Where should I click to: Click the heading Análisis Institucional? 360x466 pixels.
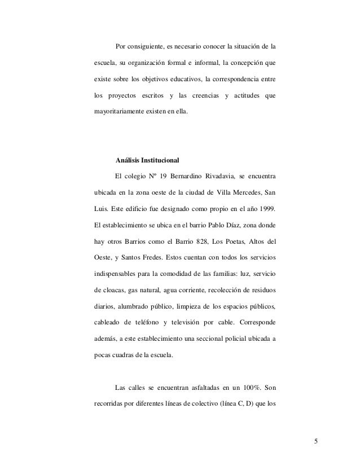(151, 159)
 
